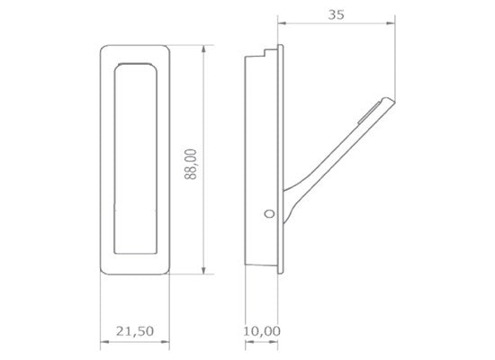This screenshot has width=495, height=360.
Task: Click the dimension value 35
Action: point(336,14)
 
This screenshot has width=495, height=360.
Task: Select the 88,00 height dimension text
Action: point(191,164)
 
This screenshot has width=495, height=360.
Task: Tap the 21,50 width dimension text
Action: point(135,331)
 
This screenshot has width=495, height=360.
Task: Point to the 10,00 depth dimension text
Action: point(262,331)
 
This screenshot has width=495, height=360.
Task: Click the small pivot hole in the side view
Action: point(269,214)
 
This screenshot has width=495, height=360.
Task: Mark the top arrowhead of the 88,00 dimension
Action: point(203,49)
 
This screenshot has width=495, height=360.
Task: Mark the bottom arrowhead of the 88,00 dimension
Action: point(203,270)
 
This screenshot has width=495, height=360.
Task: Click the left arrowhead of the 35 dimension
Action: point(282,22)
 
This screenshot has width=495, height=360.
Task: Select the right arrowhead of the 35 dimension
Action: point(391,22)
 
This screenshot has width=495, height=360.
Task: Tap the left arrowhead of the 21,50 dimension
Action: point(104,342)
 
